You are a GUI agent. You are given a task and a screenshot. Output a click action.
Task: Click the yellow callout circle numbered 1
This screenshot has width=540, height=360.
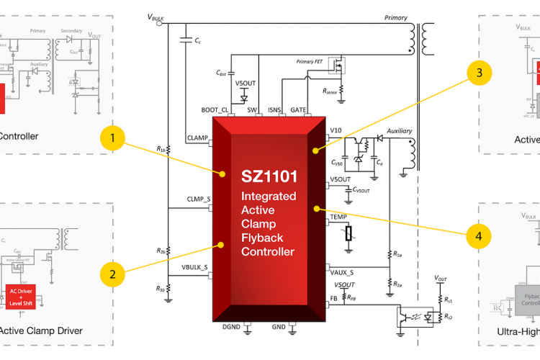(x=113, y=137)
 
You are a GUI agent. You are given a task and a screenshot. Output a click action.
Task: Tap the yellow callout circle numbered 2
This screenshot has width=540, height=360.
(x=113, y=273)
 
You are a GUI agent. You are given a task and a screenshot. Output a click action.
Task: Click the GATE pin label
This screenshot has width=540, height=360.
(x=299, y=109)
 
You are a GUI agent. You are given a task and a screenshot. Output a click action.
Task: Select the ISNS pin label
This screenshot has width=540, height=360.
(x=274, y=109)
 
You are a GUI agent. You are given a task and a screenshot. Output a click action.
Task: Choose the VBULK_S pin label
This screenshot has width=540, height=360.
(x=194, y=267)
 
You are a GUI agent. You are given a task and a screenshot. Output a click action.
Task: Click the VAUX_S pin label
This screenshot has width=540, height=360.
(x=341, y=272)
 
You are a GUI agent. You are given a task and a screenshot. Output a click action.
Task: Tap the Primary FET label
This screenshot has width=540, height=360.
(x=310, y=62)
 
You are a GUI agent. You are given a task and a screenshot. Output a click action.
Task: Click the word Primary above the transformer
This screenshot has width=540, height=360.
(x=395, y=18)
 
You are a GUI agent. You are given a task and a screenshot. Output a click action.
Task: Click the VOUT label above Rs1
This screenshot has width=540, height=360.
(x=441, y=277)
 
